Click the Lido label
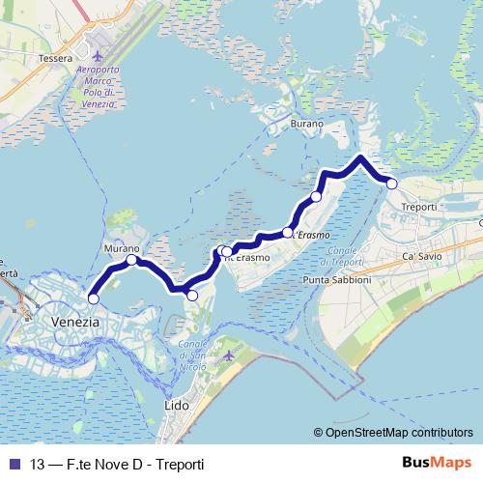(x=178, y=407)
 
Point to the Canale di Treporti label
(x=340, y=257)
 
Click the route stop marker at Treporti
(x=392, y=183)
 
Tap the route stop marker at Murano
(x=131, y=260)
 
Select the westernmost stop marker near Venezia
(x=93, y=298)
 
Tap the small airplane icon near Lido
(x=228, y=356)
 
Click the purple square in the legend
(x=13, y=464)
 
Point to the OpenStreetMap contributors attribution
(x=393, y=433)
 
